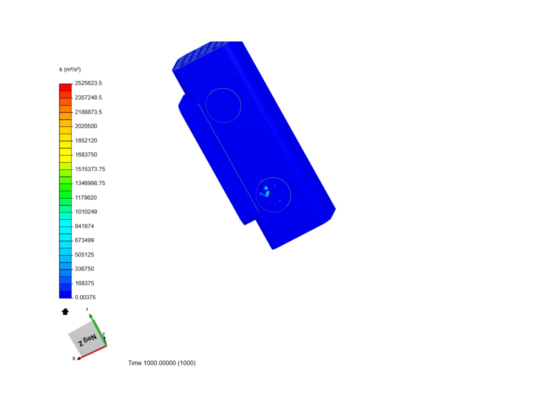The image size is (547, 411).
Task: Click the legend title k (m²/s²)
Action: [x=70, y=69]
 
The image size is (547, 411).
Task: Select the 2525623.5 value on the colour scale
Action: [x=88, y=83]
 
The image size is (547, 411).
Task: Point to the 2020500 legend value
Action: [x=86, y=126]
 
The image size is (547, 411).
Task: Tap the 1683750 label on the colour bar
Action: [x=86, y=155]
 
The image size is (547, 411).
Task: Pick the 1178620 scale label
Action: [x=86, y=198]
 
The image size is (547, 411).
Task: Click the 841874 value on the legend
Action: [x=84, y=226]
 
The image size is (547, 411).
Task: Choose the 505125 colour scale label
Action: [x=84, y=255]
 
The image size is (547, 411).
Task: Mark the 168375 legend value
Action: [x=84, y=283]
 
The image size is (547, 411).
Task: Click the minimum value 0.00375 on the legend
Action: [x=85, y=297]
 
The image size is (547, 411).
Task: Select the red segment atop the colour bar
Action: [x=65, y=87]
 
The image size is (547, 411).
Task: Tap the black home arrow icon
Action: [x=65, y=312]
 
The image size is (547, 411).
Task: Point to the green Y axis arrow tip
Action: [x=90, y=315]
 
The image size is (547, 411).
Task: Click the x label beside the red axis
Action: [x=74, y=358]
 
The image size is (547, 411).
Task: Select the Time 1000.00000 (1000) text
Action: [x=162, y=363]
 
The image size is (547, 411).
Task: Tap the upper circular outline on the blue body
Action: [x=223, y=89]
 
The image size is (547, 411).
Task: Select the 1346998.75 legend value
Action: [x=90, y=183]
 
